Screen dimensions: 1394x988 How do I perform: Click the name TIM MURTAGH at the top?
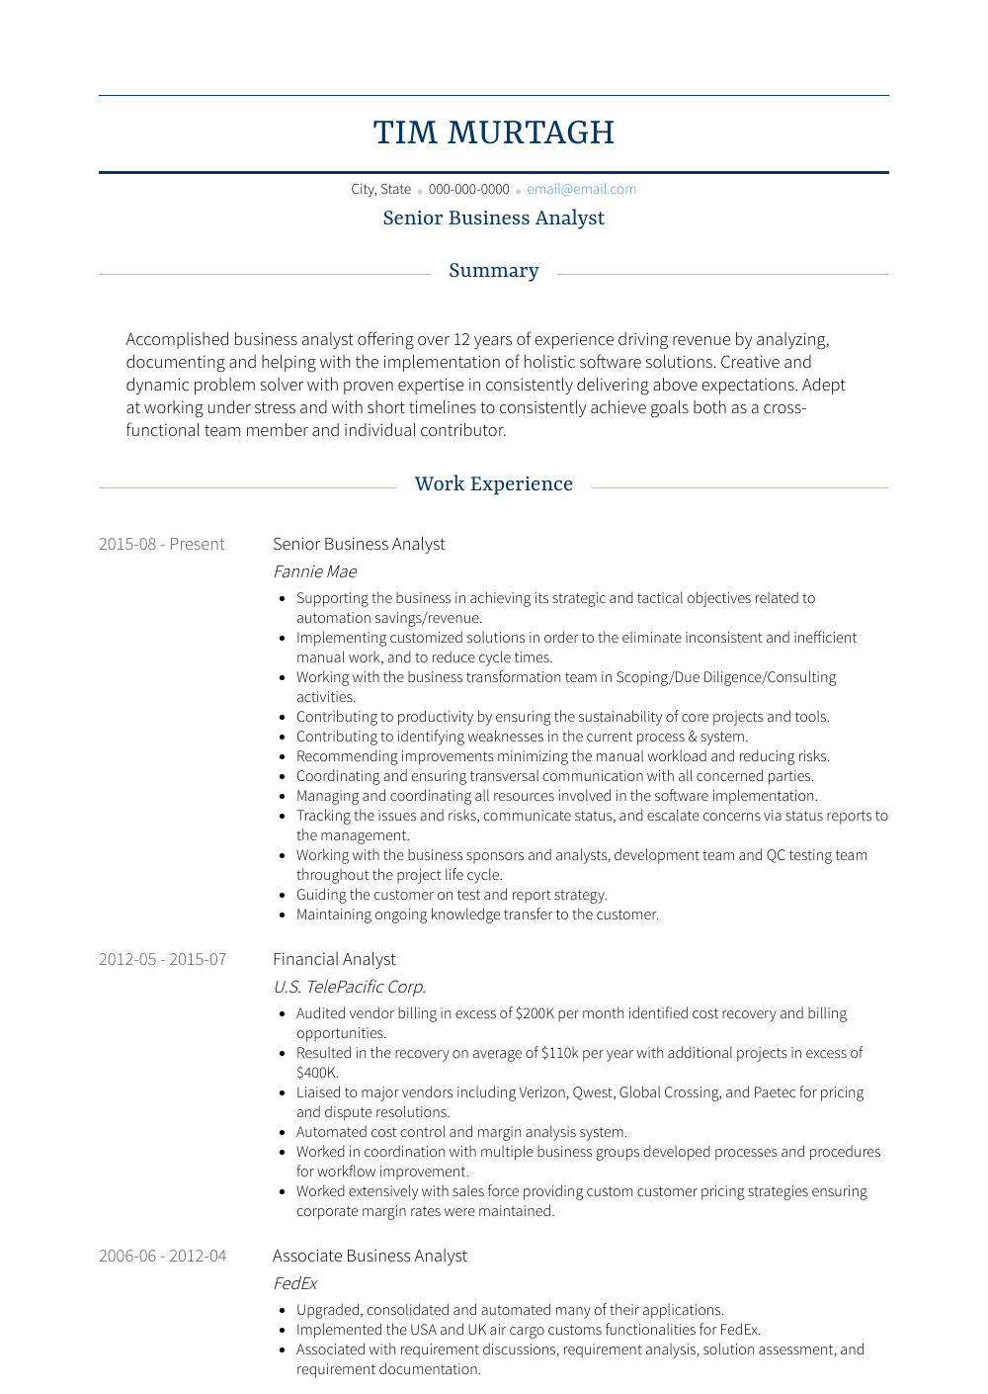tap(494, 132)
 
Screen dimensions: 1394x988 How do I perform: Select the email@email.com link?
tap(581, 189)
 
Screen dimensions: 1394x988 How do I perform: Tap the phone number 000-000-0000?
tap(468, 189)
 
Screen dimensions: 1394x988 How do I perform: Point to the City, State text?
tap(380, 189)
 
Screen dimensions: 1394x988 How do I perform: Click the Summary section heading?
tap(494, 271)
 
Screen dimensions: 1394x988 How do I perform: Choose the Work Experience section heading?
tap(494, 484)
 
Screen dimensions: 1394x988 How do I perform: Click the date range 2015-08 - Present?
tap(161, 544)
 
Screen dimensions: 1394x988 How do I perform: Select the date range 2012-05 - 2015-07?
tap(162, 959)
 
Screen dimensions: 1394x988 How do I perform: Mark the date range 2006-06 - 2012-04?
tap(162, 1256)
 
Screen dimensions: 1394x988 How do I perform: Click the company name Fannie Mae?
tap(314, 571)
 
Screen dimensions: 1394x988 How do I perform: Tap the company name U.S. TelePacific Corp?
tap(349, 987)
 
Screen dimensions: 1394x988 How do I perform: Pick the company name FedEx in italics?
tap(294, 1283)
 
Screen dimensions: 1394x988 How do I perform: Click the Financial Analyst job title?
tap(334, 959)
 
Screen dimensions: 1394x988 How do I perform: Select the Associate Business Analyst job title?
tap(370, 1256)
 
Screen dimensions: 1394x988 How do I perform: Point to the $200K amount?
tap(535, 1013)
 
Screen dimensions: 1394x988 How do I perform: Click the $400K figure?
tap(317, 1073)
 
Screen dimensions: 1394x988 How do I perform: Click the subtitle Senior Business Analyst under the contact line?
tap(494, 218)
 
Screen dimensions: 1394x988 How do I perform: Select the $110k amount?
tap(559, 1053)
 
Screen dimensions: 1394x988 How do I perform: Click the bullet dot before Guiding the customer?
tap(284, 895)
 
